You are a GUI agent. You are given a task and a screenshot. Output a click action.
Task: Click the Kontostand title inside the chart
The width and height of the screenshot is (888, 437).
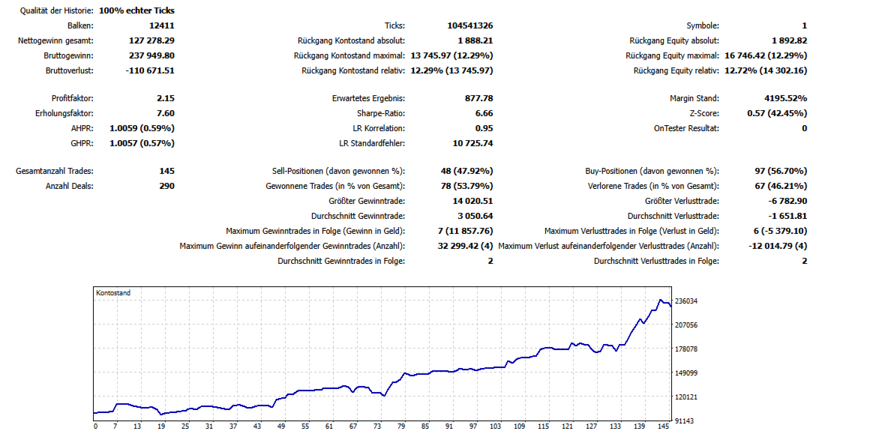click(113, 293)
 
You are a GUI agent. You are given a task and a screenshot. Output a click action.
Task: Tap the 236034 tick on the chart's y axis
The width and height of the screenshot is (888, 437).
click(687, 301)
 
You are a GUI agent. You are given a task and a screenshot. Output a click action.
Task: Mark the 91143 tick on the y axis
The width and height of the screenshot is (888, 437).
click(685, 421)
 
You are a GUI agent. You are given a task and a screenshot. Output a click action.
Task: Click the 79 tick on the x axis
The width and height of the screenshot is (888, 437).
click(401, 427)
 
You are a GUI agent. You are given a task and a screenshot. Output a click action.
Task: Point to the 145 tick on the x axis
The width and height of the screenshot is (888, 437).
click(663, 427)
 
